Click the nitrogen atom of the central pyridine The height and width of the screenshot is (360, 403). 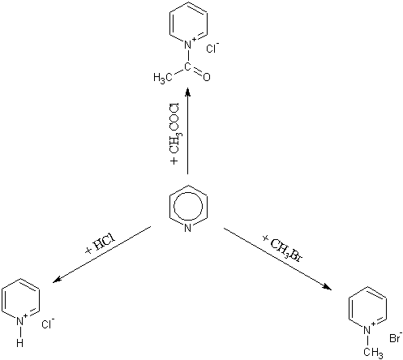tap(188, 229)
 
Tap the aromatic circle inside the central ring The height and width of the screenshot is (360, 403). tap(188, 207)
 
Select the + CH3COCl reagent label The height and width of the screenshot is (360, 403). tap(175, 134)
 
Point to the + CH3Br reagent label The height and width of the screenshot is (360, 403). tap(282, 249)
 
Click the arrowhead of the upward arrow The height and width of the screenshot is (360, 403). tap(188, 91)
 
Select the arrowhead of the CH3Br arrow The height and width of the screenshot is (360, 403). tap(328, 287)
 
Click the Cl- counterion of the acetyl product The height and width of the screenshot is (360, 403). tap(212, 48)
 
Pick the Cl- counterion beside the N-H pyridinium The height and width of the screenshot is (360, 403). tap(48, 324)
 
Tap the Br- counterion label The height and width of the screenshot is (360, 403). tap(395, 337)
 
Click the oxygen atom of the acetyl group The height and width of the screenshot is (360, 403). tap(206, 77)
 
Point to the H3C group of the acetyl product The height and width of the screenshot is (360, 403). tap(163, 78)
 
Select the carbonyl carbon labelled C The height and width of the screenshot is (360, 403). tap(187, 66)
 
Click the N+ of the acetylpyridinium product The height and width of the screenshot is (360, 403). tap(189, 44)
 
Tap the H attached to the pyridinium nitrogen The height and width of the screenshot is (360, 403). tap(19, 343)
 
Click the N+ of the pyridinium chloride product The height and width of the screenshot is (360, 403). tap(21, 320)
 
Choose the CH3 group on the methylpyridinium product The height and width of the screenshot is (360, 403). tap(373, 353)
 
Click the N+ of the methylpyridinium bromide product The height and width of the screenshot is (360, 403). tap(368, 328)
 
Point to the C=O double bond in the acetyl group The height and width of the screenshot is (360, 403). tap(198, 71)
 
